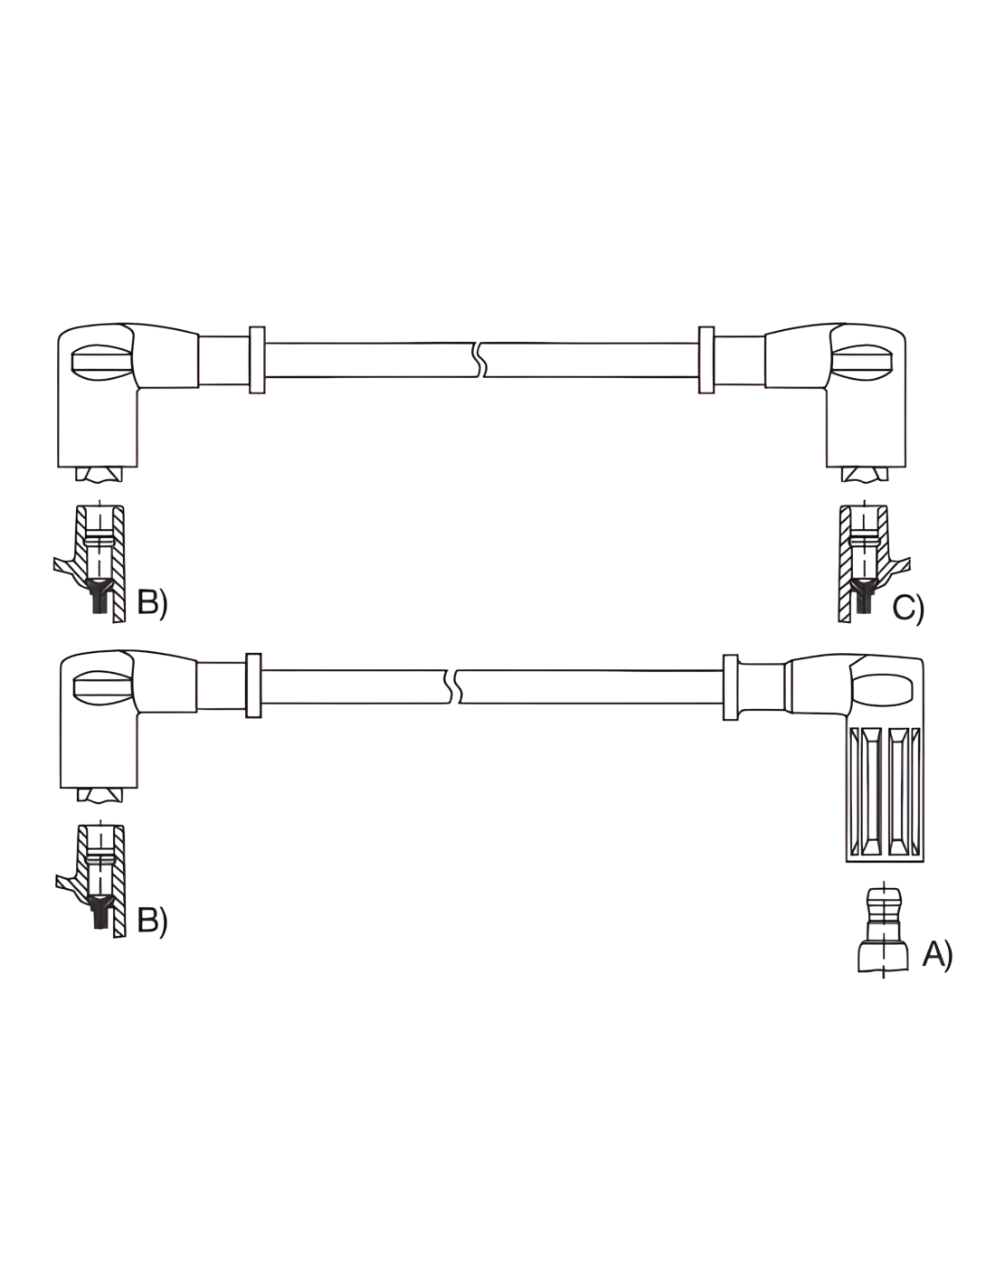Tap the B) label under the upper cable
click(152, 603)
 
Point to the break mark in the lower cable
click(453, 686)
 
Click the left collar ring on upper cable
click(257, 360)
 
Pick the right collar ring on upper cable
click(706, 360)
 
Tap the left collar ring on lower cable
click(253, 686)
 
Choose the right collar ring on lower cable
click(730, 687)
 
